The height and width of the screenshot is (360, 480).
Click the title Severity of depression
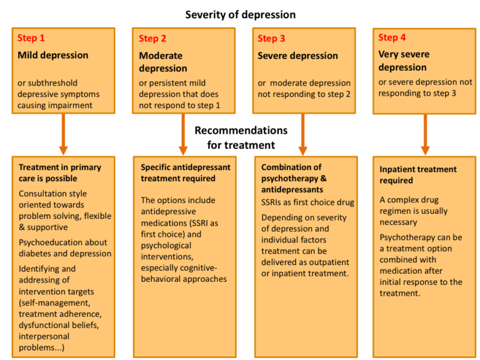pyautogui.click(x=240, y=15)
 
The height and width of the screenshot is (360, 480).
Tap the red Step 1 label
pyautogui.click(x=31, y=38)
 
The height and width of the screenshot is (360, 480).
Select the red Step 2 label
pyautogui.click(x=152, y=39)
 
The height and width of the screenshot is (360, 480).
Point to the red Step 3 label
pyautogui.click(x=271, y=39)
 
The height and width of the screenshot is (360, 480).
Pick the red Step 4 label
pyautogui.click(x=392, y=37)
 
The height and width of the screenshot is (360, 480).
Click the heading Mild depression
pyautogui.click(x=53, y=55)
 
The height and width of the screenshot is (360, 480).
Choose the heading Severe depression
pyautogui.click(x=297, y=56)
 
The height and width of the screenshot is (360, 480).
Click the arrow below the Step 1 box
pyautogui.click(x=63, y=134)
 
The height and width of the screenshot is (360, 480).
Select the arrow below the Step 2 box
pyautogui.click(x=183, y=134)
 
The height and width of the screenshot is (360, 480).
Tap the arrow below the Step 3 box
pyautogui.click(x=302, y=134)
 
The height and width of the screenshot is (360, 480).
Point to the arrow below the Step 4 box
pyautogui.click(x=425, y=135)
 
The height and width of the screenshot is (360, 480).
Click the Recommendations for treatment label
pyautogui.click(x=241, y=137)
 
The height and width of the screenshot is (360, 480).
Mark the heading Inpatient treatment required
pyautogui.click(x=418, y=175)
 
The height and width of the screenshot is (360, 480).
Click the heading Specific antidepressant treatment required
pyautogui.click(x=186, y=172)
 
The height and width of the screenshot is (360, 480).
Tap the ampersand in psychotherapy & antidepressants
pyautogui.click(x=324, y=178)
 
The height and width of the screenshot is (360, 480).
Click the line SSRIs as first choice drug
pyautogui.click(x=307, y=202)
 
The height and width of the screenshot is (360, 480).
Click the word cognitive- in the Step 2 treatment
pyautogui.click(x=193, y=268)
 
